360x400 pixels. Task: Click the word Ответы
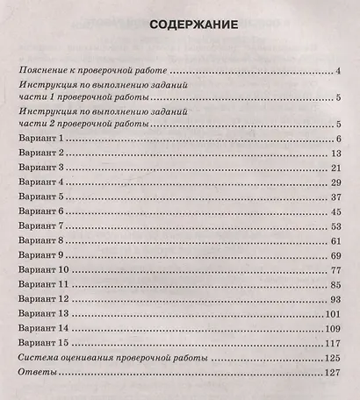click(38, 374)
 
